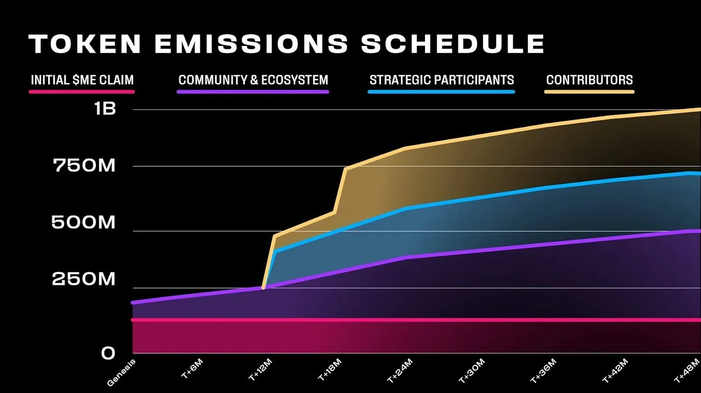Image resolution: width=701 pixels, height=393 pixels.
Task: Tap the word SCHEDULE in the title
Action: (452, 44)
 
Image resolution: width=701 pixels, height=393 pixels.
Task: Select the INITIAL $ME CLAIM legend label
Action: (82, 80)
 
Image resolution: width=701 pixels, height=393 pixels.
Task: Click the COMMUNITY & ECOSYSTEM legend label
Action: (253, 80)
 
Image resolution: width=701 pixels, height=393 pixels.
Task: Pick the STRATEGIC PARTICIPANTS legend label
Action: (441, 80)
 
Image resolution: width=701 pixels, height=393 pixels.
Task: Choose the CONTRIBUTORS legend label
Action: (589, 80)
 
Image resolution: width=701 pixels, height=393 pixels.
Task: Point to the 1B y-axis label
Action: (105, 109)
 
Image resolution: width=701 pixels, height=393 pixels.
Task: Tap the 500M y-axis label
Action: (84, 223)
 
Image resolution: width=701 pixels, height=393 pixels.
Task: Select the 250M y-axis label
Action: (84, 280)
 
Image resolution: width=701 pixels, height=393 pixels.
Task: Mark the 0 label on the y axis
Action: (108, 354)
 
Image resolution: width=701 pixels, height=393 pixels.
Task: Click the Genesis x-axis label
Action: (121, 373)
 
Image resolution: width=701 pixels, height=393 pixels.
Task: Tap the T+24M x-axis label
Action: (400, 372)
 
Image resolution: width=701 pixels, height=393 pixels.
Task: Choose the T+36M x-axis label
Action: (543, 372)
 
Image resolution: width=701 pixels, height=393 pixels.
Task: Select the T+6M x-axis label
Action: (191, 372)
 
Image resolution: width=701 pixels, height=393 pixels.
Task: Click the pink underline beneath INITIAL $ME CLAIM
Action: (82, 92)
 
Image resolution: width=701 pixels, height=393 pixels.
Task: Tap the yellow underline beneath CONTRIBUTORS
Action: (589, 92)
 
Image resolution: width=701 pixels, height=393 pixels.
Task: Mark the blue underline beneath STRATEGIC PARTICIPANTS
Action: (441, 92)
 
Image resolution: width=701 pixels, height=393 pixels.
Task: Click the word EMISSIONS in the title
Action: (251, 44)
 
